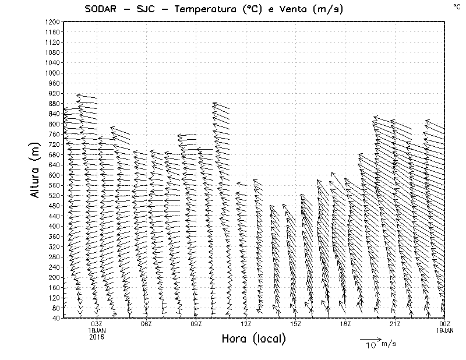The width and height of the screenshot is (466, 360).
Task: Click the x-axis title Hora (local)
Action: [253, 339]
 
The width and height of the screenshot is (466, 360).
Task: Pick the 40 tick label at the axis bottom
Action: [56, 318]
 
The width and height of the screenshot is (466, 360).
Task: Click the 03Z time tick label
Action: [97, 324]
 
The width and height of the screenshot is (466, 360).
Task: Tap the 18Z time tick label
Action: [345, 324]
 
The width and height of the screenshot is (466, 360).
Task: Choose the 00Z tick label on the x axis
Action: [444, 324]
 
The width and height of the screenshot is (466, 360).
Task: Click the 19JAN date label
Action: [444, 330]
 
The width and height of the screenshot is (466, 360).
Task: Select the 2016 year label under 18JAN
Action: [97, 337]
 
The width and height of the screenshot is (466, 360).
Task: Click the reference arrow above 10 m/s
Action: [370, 338]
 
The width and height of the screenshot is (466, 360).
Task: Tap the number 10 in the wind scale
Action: [370, 346]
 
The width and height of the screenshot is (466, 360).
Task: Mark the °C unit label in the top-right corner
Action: [456, 6]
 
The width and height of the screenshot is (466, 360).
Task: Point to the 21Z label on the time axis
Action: [395, 324]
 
